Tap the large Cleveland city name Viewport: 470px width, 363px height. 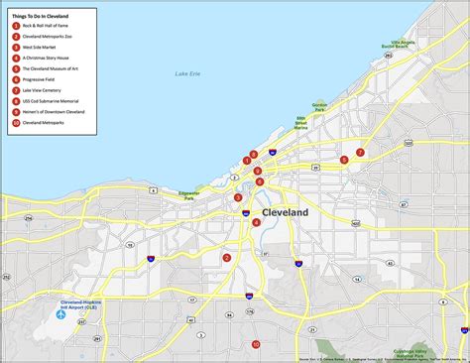285,212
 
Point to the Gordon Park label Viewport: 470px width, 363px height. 319,105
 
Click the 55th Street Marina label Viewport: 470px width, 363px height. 300,123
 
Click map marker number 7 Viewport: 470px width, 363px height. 360,153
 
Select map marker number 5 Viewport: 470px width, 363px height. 344,160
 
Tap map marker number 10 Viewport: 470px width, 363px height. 255,344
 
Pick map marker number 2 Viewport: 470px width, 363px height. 227,258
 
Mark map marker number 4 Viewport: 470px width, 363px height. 257,222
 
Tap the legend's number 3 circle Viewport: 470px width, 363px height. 16,48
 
